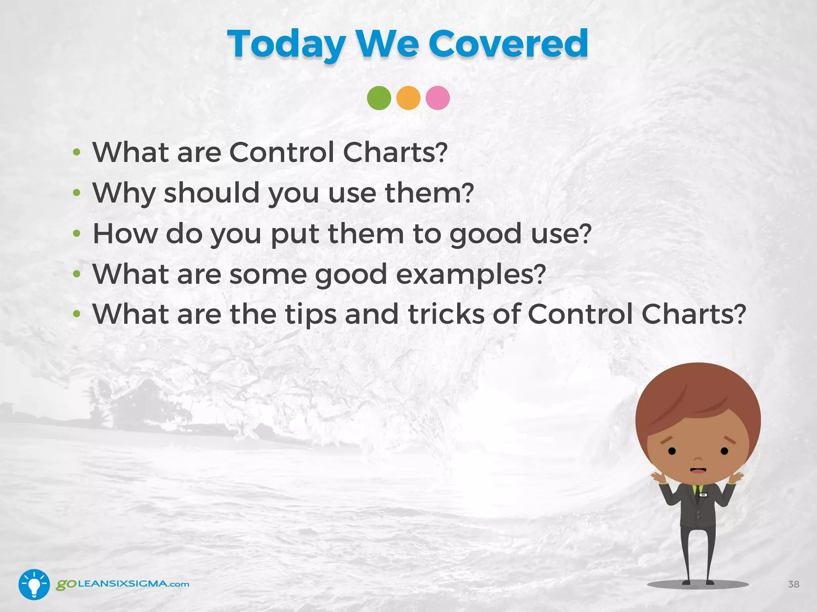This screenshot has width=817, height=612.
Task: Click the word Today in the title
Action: coord(286,45)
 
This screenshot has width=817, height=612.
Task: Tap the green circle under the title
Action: coord(379,98)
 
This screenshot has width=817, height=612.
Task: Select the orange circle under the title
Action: coord(408,98)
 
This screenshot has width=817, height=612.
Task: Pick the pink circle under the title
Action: coord(438,98)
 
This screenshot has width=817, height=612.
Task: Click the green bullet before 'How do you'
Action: coord(77,234)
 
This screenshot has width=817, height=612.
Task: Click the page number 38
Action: coord(793,584)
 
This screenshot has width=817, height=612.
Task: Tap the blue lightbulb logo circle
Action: coord(34,584)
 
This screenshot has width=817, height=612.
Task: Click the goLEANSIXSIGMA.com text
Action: coord(122,584)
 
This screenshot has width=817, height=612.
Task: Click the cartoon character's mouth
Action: coord(698,471)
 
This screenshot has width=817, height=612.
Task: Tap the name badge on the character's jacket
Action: coord(703,495)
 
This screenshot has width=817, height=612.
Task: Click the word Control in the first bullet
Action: coord(282,152)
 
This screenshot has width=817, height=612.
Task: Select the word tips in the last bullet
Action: coord(311,315)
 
